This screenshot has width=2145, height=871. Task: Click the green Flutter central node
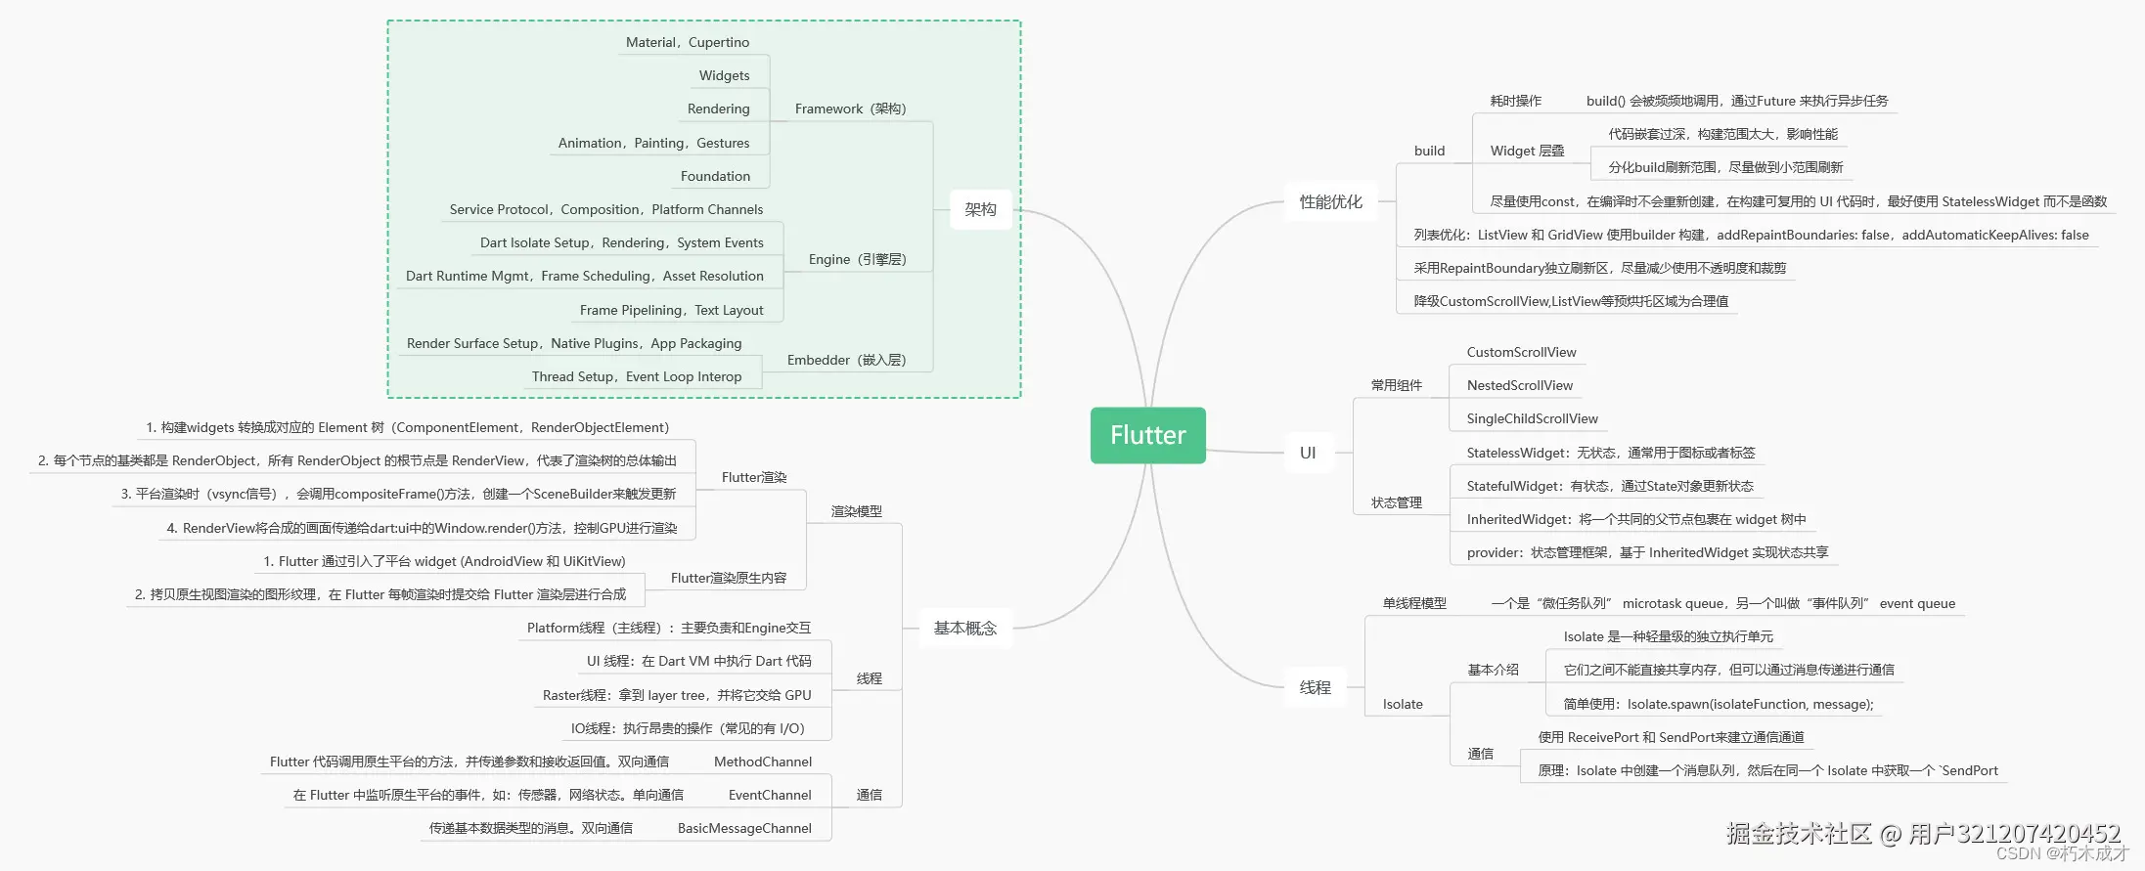coord(1147,435)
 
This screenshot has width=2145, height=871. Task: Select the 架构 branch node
coord(980,209)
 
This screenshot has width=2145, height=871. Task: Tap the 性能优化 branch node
coord(1330,201)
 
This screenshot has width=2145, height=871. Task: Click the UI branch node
coord(1308,453)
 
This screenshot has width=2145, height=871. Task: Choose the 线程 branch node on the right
coord(1315,687)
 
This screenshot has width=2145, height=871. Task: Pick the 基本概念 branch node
coord(964,628)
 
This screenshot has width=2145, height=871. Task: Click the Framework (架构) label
coord(850,109)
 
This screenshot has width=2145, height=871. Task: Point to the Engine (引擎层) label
coord(857,259)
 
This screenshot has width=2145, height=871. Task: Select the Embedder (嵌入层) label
coord(846,360)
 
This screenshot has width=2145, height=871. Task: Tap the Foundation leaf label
coord(715,176)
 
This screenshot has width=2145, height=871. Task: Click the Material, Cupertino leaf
coord(688,42)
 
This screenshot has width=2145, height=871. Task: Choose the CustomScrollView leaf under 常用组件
coord(1521,352)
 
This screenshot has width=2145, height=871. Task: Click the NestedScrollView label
coord(1519,385)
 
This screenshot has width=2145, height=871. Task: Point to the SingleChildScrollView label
coord(1532,418)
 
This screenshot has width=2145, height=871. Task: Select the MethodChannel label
coord(762,762)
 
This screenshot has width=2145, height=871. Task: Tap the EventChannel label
coord(769,795)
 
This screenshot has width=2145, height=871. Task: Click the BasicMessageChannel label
coord(744,828)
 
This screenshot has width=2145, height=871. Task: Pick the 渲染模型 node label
coord(856,511)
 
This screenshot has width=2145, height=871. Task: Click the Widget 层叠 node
coord(1527,151)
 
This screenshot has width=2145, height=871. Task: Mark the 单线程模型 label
coord(1413,603)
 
